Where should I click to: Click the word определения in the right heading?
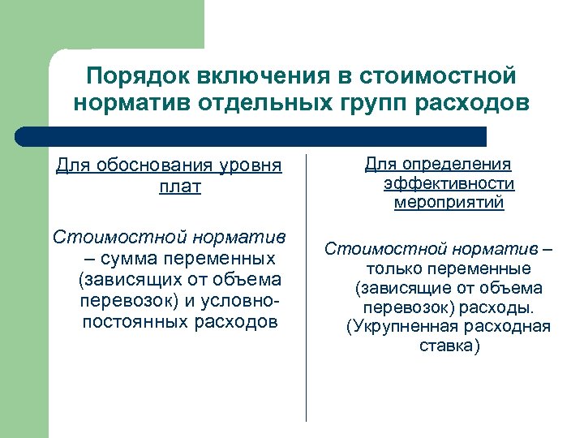455,165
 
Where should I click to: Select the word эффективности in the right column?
449,184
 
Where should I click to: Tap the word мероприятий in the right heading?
449,203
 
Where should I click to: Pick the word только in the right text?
395,268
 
